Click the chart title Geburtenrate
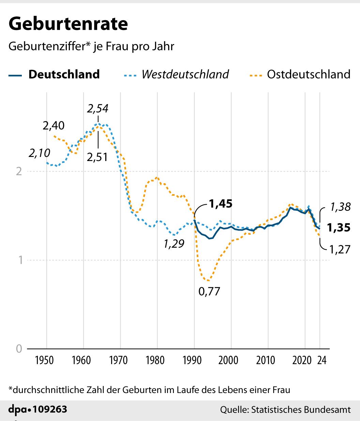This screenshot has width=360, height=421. click(x=68, y=24)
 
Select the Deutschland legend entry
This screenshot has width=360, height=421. click(x=64, y=74)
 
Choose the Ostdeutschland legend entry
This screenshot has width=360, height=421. click(x=309, y=74)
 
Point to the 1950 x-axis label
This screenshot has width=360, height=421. click(x=44, y=360)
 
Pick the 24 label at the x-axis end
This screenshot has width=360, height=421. click(x=321, y=360)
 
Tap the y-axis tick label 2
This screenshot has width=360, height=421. click(x=19, y=171)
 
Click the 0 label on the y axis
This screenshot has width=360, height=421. click(x=19, y=348)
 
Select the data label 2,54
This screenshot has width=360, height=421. click(x=97, y=108)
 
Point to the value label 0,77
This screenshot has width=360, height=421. click(x=209, y=292)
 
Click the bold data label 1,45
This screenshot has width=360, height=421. click(x=221, y=204)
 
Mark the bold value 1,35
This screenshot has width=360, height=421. click(x=339, y=228)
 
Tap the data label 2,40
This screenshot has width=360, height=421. click(x=54, y=126)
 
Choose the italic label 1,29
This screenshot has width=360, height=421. click(x=174, y=244)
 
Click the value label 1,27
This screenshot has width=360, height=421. click(x=340, y=249)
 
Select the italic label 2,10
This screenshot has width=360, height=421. click(x=39, y=153)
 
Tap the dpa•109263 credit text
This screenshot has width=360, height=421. click(x=37, y=409)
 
